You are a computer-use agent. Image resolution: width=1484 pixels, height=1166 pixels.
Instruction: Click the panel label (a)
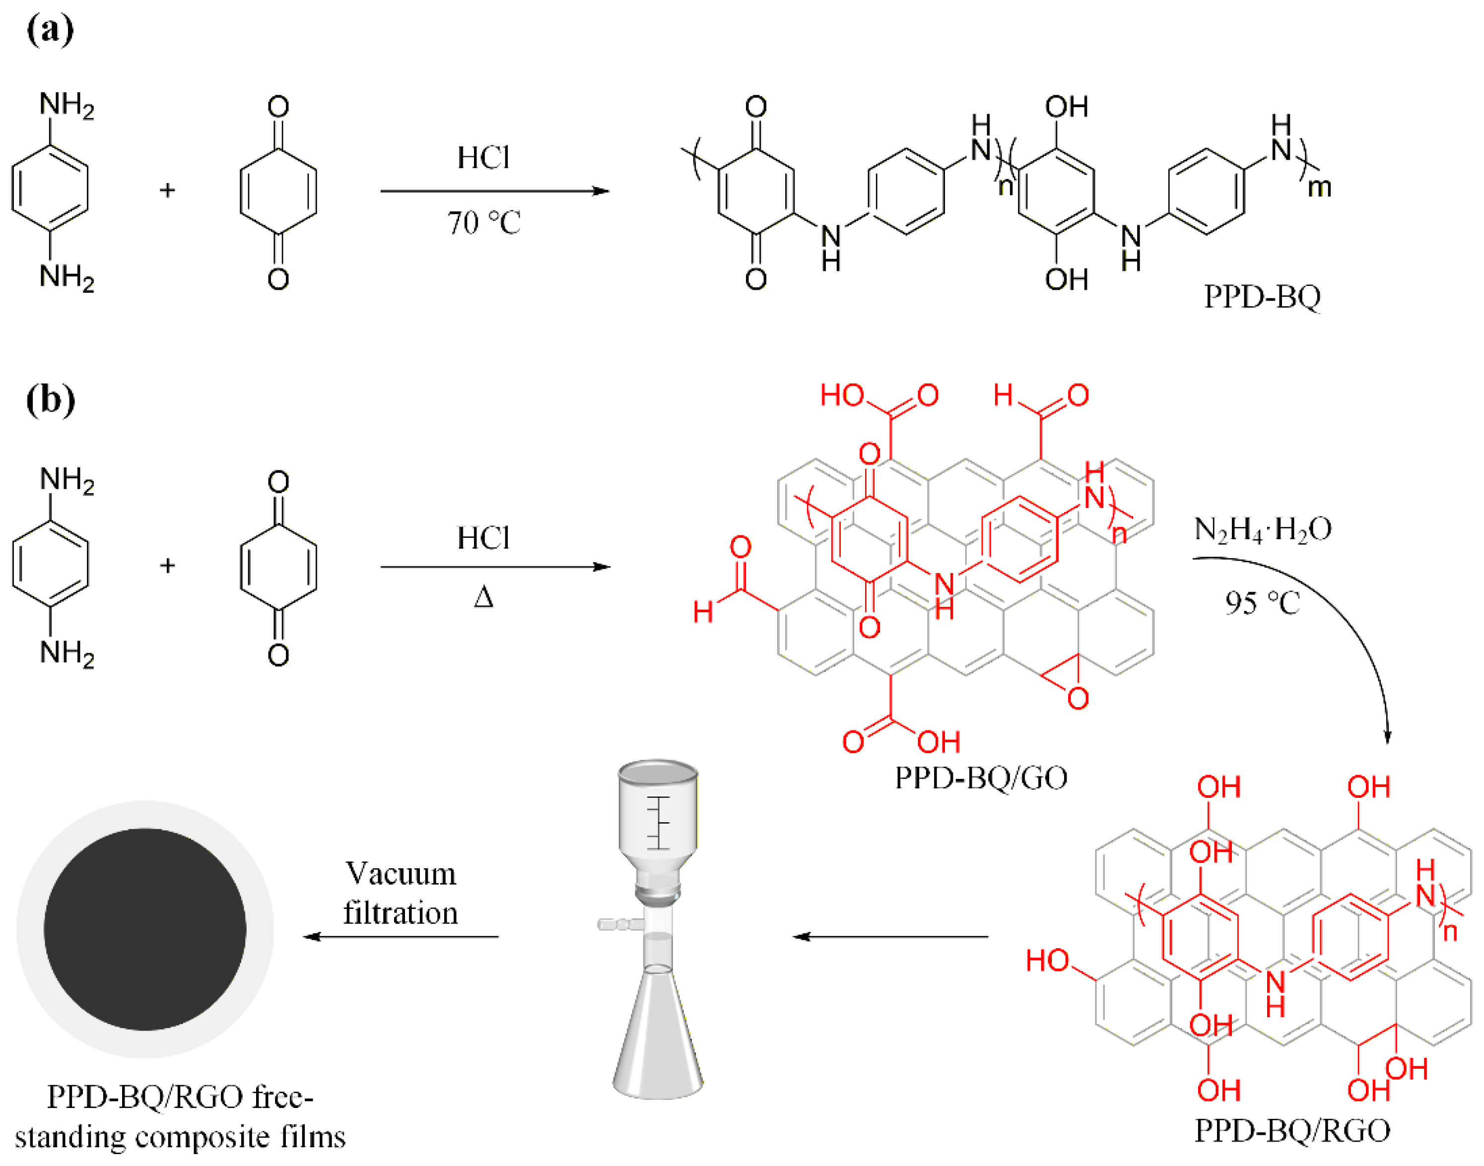50,31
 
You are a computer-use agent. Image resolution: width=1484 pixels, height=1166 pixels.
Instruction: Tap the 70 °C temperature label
483,223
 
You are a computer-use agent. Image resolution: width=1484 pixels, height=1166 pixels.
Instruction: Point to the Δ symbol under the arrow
483,598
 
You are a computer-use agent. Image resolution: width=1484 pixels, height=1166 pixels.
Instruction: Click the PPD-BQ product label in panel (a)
1262,296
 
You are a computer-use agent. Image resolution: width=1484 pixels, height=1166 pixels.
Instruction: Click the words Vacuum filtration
401,894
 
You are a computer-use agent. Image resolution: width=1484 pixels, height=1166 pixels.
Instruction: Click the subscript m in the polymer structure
1319,187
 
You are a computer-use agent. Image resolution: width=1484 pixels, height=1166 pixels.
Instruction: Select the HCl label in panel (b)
483,538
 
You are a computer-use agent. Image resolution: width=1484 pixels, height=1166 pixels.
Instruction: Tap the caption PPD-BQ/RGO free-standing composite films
180,1117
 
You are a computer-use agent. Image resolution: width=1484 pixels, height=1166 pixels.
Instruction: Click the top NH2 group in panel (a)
67,106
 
